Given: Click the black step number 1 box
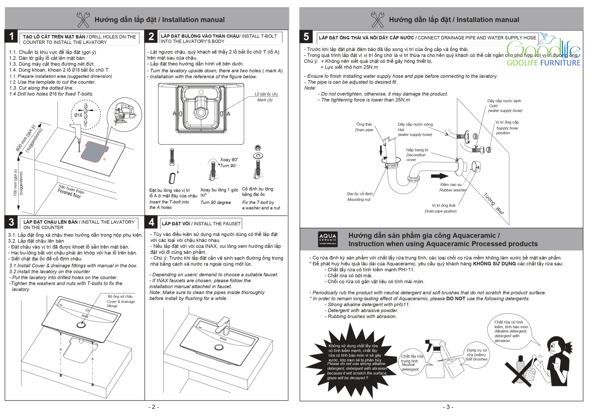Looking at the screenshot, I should click(x=11, y=37).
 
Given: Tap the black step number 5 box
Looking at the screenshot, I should click(x=306, y=37).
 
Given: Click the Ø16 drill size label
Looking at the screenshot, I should click(x=78, y=115).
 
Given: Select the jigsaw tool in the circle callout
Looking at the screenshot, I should click(x=124, y=114).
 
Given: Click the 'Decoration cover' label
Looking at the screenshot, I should click(x=416, y=155).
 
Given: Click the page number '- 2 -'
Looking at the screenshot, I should click(x=154, y=407).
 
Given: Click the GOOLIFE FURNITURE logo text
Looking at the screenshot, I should click(x=543, y=63).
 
